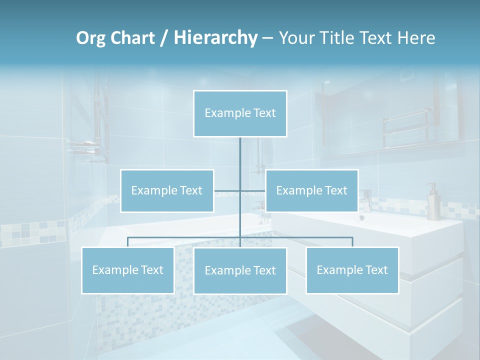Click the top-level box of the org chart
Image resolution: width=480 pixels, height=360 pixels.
click(240, 113)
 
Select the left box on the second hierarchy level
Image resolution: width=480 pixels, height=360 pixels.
click(167, 190)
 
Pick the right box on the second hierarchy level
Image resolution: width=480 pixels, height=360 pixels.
click(311, 190)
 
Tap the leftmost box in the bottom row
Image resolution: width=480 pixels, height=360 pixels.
click(128, 270)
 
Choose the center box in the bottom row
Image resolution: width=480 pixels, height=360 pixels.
click(240, 270)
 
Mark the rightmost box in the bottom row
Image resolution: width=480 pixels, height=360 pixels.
click(352, 270)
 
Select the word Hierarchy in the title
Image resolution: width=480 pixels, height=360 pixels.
click(215, 38)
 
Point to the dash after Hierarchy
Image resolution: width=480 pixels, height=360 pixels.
click(267, 38)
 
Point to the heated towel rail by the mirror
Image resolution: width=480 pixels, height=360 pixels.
click(405, 130)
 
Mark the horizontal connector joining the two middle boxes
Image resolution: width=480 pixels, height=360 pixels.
click(239, 191)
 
